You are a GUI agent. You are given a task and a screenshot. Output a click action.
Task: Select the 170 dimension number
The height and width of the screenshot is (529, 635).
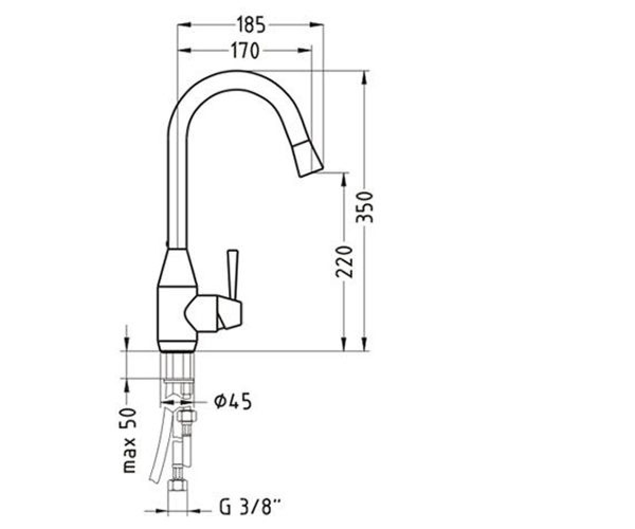pyautogui.click(x=245, y=51)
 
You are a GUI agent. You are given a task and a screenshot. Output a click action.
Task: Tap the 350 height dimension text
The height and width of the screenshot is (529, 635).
pyautogui.click(x=364, y=207)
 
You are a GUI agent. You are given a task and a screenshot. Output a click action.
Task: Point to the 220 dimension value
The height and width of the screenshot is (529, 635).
pyautogui.click(x=344, y=262)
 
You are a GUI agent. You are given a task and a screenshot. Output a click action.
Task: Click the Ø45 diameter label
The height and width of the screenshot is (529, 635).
pyautogui.click(x=233, y=402)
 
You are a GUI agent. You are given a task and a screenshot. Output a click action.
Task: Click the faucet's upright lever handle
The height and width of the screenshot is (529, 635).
pyautogui.click(x=232, y=275)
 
